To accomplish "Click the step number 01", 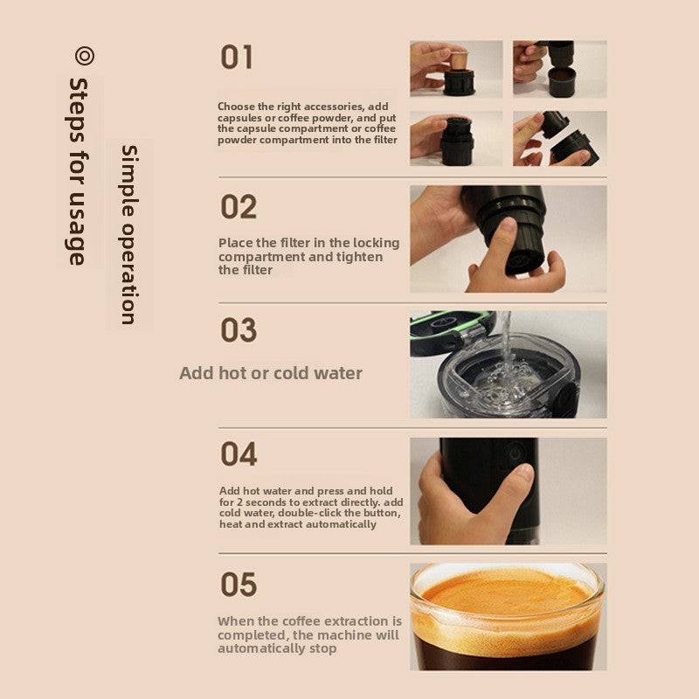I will [237, 58].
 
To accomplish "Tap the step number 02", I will [239, 208].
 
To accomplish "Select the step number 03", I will [239, 331].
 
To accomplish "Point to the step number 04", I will [239, 454].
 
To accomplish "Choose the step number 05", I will [239, 585].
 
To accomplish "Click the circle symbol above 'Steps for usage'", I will [84, 56].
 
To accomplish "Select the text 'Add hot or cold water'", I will [271, 373].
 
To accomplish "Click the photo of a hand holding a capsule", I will [456, 68].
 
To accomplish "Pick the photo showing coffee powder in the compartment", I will [559, 68].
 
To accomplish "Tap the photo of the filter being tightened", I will [508, 239].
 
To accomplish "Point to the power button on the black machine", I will [514, 452].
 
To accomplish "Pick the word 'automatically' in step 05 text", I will [260, 649].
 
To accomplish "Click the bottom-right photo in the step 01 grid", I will [559, 138].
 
